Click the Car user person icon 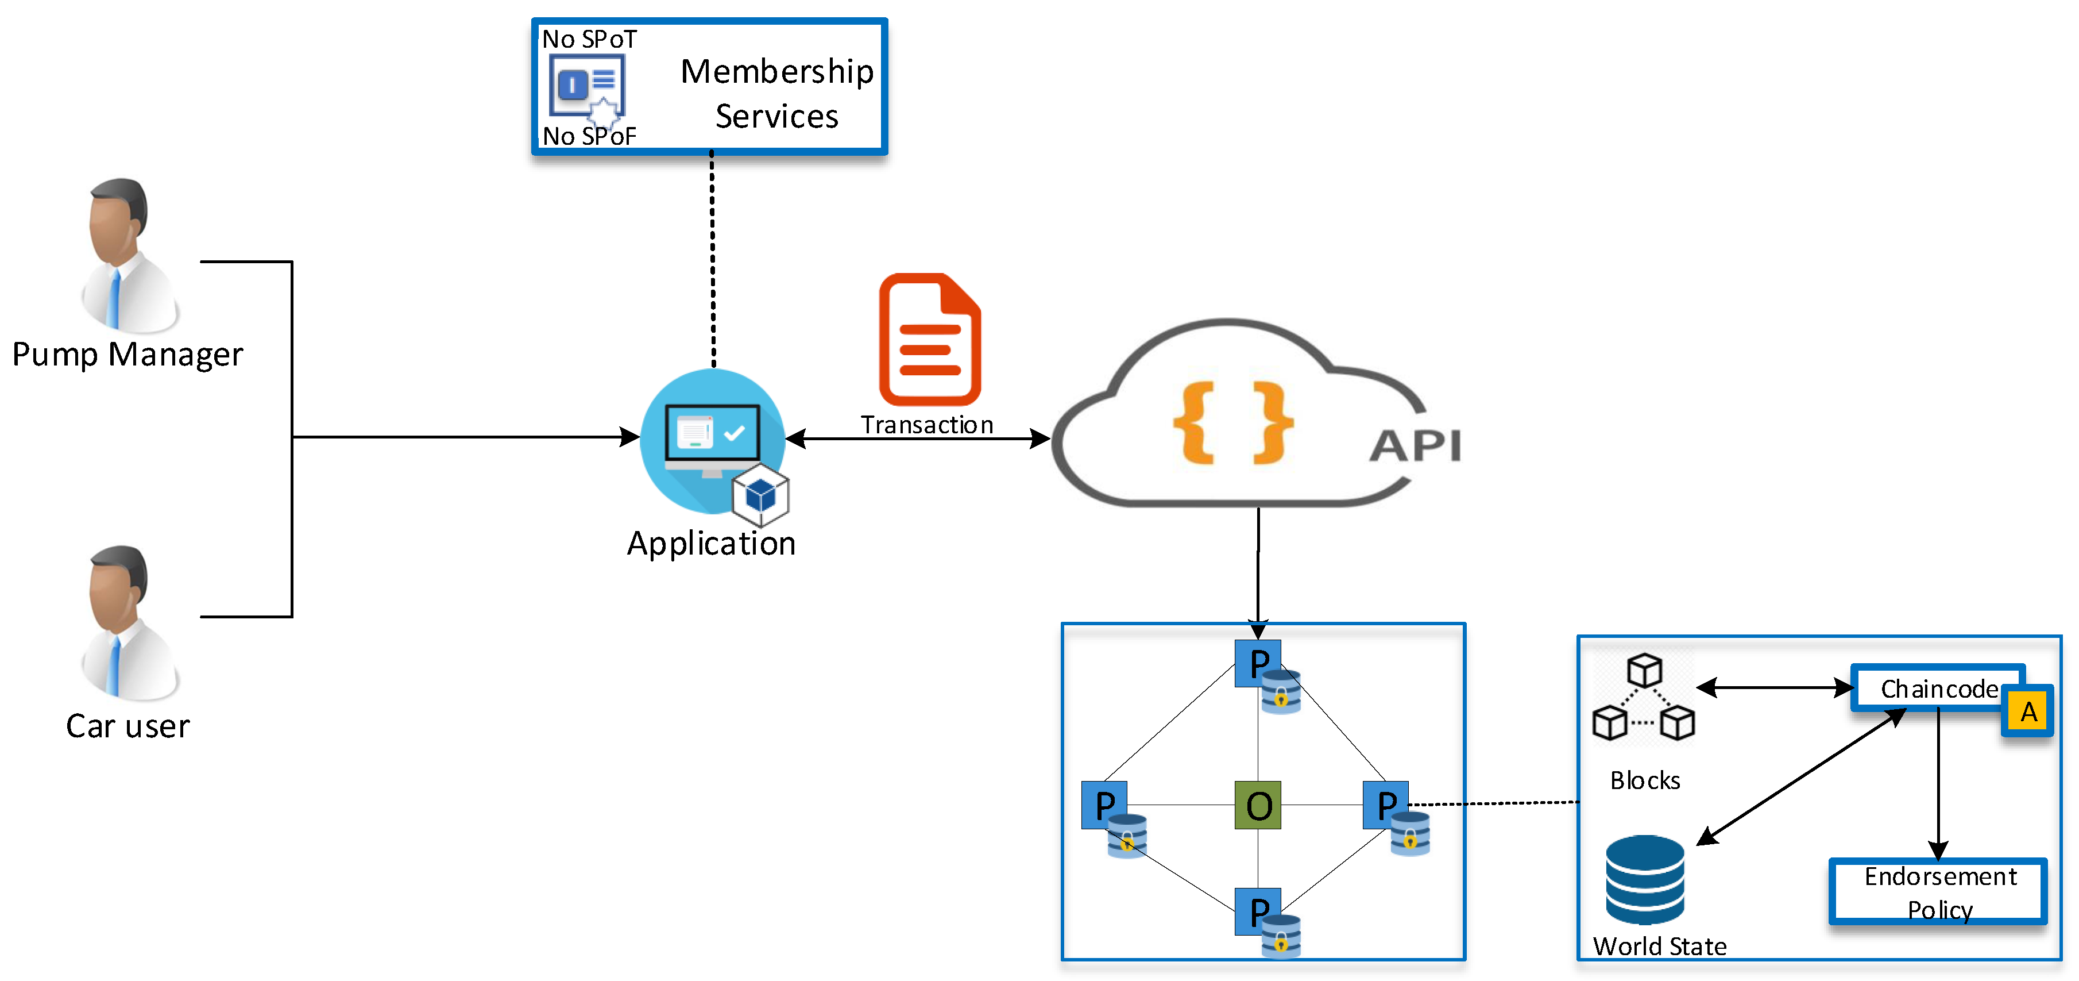pyautogui.click(x=129, y=622)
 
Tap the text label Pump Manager pyautogui.click(x=127, y=355)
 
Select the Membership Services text pyautogui.click(x=776, y=94)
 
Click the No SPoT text pyautogui.click(x=589, y=39)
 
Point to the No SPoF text pyautogui.click(x=589, y=136)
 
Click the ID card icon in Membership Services pyautogui.click(x=588, y=87)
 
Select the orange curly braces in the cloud pyautogui.click(x=1232, y=422)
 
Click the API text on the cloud pyautogui.click(x=1415, y=446)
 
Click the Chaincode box pyautogui.click(x=1937, y=688)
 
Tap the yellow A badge pyautogui.click(x=2027, y=711)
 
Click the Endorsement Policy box pyautogui.click(x=1938, y=891)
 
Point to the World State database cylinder pyautogui.click(x=1644, y=879)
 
